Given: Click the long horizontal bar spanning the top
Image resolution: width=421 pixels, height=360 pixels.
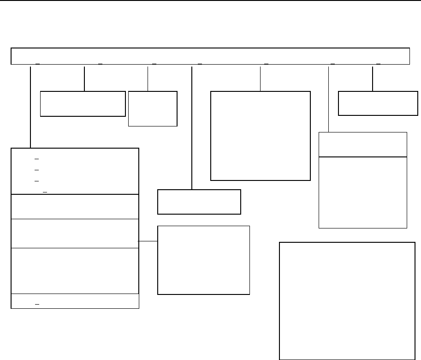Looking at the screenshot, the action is click(210, 56).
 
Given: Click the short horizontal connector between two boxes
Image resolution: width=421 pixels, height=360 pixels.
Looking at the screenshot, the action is click(148, 241).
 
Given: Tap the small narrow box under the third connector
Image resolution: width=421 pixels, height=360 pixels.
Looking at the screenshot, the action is click(153, 108).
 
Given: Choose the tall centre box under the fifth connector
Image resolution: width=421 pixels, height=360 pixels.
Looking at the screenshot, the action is click(260, 136).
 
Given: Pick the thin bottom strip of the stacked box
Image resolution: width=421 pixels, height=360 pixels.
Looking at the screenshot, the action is click(75, 300).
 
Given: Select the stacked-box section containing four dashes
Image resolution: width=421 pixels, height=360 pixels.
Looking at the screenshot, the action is click(75, 171).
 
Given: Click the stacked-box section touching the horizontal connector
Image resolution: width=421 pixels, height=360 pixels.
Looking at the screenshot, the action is click(75, 233).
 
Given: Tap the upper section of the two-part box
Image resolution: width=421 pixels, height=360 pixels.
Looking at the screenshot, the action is click(363, 144).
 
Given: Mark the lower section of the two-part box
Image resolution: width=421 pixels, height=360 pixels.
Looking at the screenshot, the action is click(363, 192).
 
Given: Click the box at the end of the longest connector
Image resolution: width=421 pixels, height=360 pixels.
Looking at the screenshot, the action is click(199, 202).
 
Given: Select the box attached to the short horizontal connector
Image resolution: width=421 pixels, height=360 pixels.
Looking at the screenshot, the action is click(203, 260).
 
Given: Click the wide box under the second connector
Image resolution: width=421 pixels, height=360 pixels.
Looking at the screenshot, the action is click(83, 103).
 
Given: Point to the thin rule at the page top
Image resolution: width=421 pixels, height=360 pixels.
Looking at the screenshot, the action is click(210, 0).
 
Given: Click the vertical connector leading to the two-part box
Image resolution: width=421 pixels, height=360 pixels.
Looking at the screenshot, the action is click(328, 99).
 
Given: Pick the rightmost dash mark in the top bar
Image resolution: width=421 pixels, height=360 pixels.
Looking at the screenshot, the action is click(379, 63).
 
